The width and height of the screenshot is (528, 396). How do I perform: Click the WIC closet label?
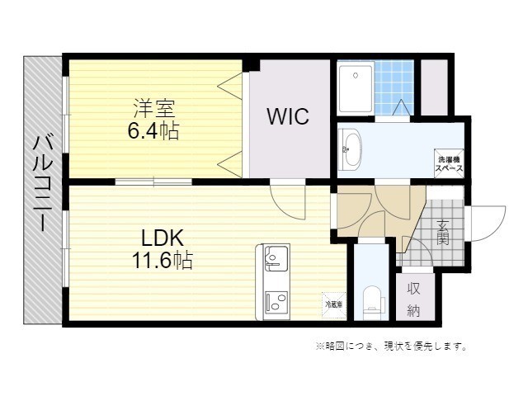click(x=287, y=116)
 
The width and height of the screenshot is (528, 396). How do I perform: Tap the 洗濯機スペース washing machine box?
click(x=450, y=162)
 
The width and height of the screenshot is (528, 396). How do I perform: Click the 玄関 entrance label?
click(x=442, y=233)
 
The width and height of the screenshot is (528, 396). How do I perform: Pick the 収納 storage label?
click(x=414, y=299)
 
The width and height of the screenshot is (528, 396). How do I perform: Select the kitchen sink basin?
click(x=273, y=262)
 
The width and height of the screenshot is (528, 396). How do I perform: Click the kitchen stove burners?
click(x=273, y=302)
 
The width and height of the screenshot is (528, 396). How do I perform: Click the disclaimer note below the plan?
click(x=392, y=346)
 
